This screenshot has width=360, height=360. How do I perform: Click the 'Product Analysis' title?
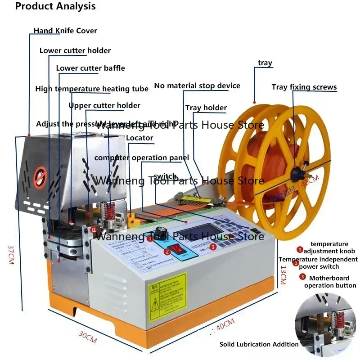(56, 6)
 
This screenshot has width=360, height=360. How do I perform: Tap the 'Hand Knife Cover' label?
(65, 31)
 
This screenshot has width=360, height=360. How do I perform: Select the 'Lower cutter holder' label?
(75, 50)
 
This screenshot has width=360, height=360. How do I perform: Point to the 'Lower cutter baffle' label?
(90, 68)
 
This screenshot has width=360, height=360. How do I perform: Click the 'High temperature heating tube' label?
(92, 89)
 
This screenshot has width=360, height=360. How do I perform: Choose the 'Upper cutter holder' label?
(104, 106)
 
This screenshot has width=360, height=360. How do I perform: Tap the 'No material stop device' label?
(197, 85)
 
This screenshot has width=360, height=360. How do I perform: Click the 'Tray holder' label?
(206, 108)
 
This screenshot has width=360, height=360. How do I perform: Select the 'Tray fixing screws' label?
(304, 87)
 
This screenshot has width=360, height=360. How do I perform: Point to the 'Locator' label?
(139, 138)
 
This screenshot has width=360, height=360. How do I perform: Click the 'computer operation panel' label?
(141, 158)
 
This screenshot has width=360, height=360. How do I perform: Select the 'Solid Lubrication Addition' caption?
(259, 344)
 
